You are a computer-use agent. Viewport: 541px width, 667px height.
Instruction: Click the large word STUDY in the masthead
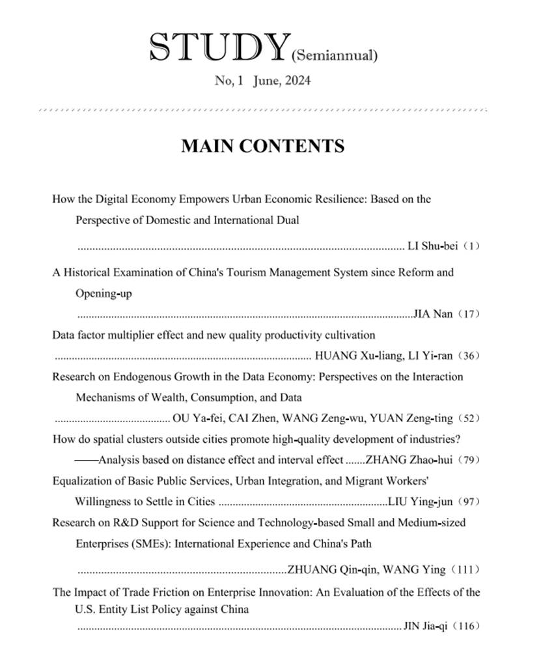pos(219,48)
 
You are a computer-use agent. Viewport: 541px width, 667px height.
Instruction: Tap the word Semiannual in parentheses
pos(335,55)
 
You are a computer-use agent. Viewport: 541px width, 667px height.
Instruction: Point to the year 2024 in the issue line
pos(298,81)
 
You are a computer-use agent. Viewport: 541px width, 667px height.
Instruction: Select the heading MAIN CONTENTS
pos(262,146)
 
